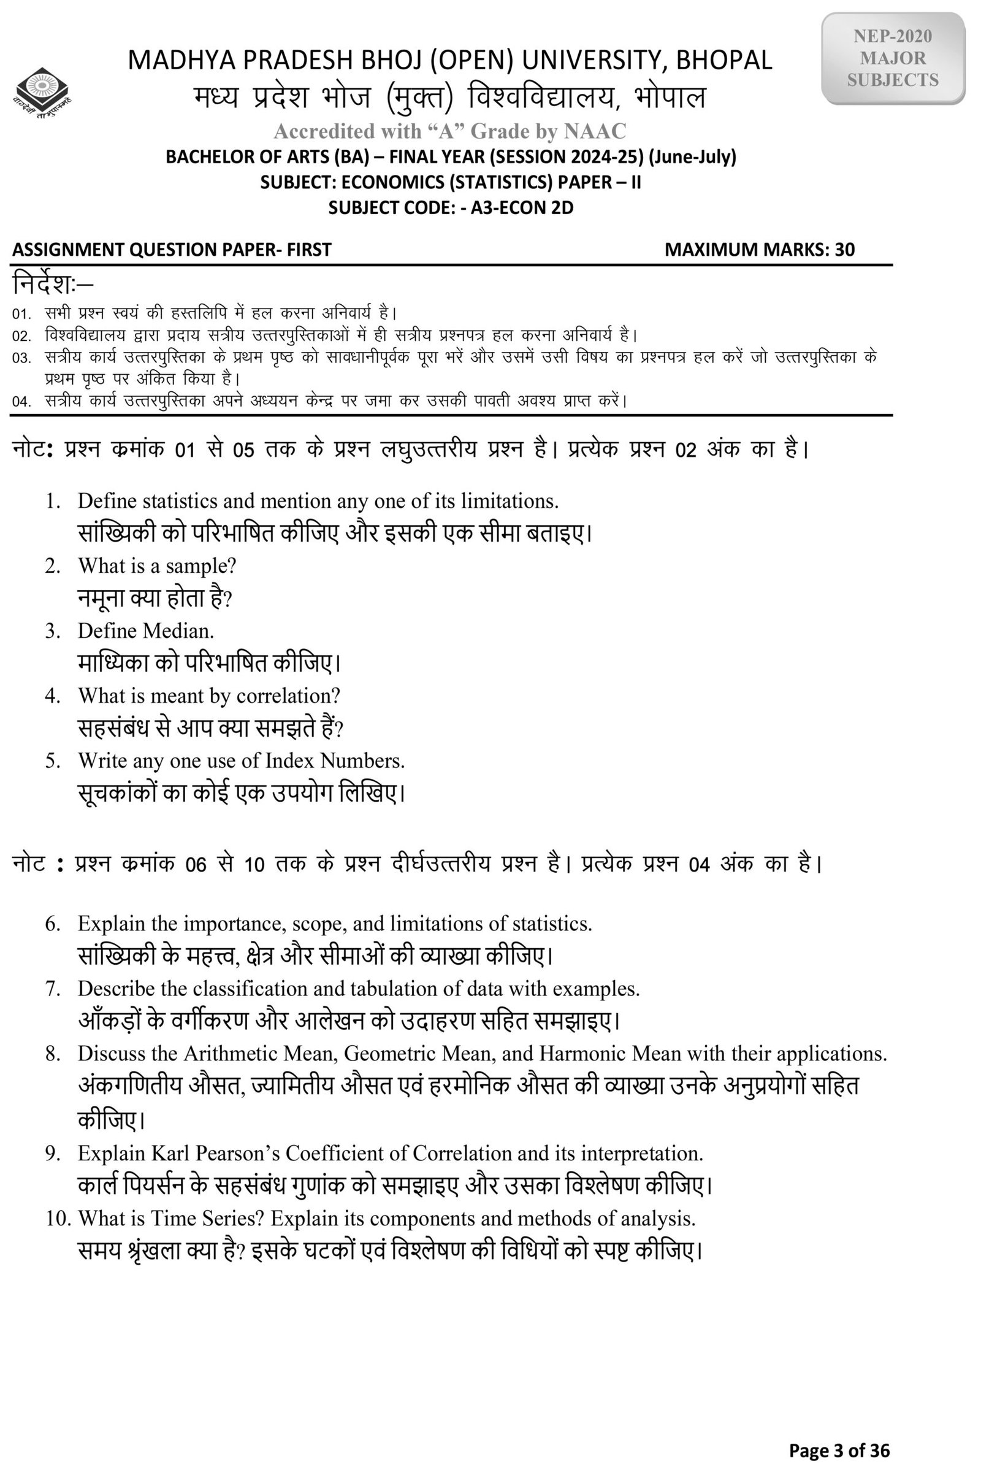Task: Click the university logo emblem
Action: click(42, 93)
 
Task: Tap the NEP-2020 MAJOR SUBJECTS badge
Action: click(893, 58)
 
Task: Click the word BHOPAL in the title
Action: click(724, 61)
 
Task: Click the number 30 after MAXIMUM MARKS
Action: click(845, 250)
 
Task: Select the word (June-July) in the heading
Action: click(693, 156)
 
